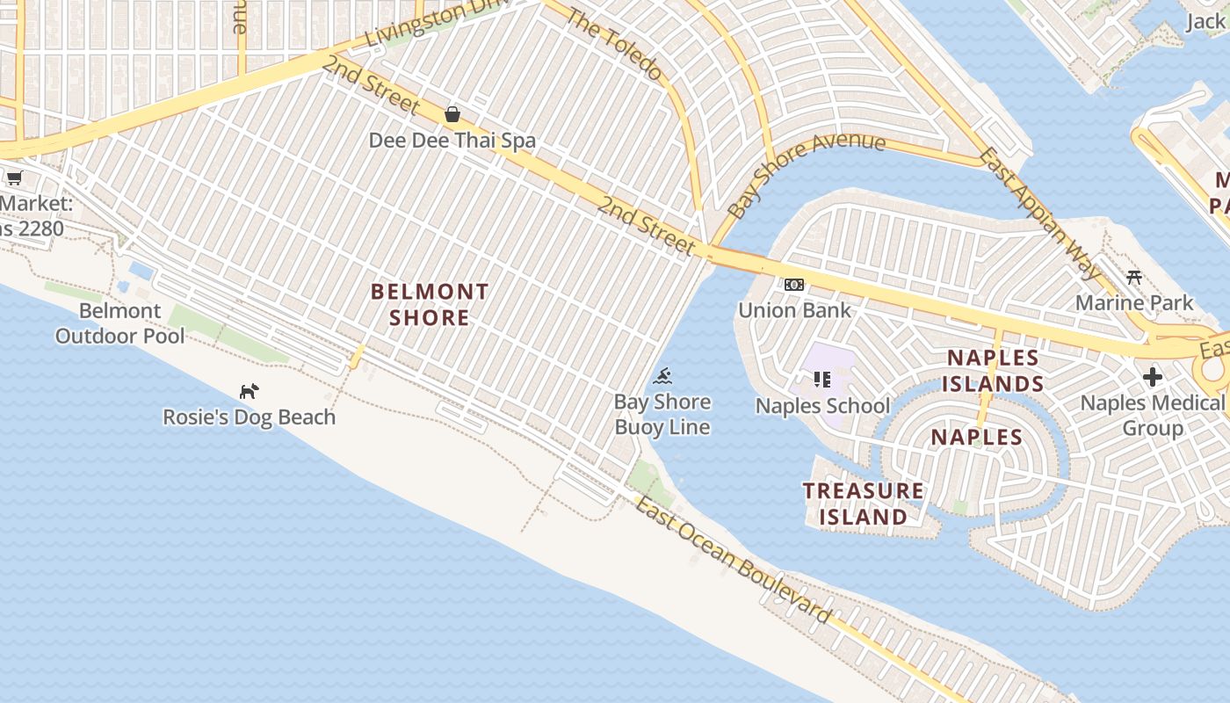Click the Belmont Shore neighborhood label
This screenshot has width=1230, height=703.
[429, 304]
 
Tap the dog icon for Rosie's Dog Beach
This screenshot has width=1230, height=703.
[250, 390]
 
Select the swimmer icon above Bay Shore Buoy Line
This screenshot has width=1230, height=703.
[663, 377]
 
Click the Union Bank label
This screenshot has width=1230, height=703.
[794, 310]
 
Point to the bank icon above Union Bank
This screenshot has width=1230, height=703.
[794, 285]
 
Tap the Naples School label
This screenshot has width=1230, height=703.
[822, 406]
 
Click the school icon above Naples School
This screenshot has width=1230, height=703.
[822, 380]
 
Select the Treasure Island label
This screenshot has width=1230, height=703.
[863, 504]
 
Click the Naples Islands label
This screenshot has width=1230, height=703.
[995, 371]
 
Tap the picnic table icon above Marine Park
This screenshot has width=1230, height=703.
[1134, 278]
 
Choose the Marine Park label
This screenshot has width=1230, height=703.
[1134, 303]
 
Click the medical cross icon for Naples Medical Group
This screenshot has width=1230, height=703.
[1153, 377]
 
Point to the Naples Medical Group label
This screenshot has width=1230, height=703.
[1152, 416]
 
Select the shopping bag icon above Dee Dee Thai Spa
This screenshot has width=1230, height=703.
[452, 114]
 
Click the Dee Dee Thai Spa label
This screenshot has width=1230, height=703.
[452, 141]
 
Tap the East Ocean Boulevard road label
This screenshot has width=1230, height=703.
[733, 561]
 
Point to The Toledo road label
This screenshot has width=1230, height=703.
[613, 44]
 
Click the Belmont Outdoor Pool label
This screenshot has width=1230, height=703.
[120, 323]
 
